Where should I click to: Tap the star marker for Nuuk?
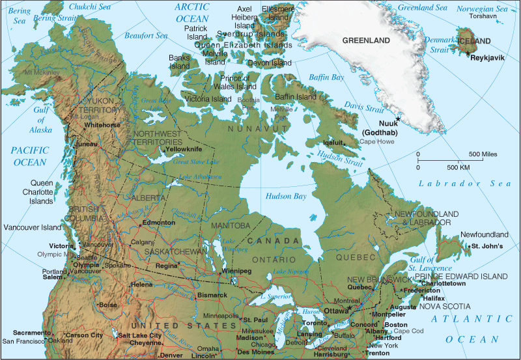click(x=398, y=118)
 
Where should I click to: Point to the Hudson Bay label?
click(x=285, y=196)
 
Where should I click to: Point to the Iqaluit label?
click(x=333, y=141)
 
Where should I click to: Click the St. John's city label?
click(x=488, y=246)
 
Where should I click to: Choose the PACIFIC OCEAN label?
click(x=29, y=156)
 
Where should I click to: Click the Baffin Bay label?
click(x=326, y=77)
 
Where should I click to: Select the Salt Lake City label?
click(x=140, y=335)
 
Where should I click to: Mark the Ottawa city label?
click(x=337, y=311)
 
